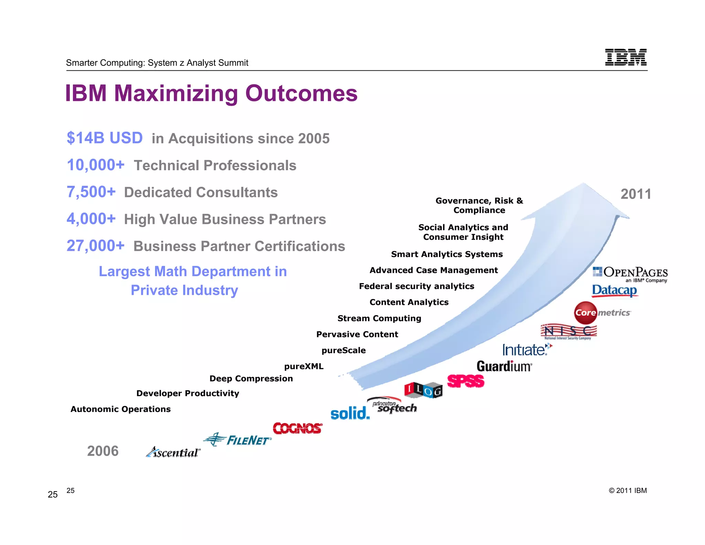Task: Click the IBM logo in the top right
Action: (x=625, y=57)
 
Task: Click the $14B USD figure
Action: (x=105, y=138)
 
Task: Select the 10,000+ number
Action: (x=95, y=165)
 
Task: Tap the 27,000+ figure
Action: (x=95, y=246)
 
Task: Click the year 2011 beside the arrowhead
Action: (x=635, y=194)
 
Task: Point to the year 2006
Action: (x=103, y=451)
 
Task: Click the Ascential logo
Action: (x=173, y=452)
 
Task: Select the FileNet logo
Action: (x=238, y=440)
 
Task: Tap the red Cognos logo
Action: (x=297, y=429)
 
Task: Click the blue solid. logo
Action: (x=350, y=413)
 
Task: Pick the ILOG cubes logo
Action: (x=423, y=390)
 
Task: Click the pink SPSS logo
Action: (x=465, y=381)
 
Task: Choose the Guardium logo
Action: (x=504, y=366)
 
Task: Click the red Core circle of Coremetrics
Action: (x=585, y=313)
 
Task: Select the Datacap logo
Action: (x=614, y=290)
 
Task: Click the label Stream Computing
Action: (x=379, y=318)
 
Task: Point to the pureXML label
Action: (x=304, y=366)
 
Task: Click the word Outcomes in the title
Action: (x=301, y=93)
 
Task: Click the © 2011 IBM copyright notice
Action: (x=628, y=491)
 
